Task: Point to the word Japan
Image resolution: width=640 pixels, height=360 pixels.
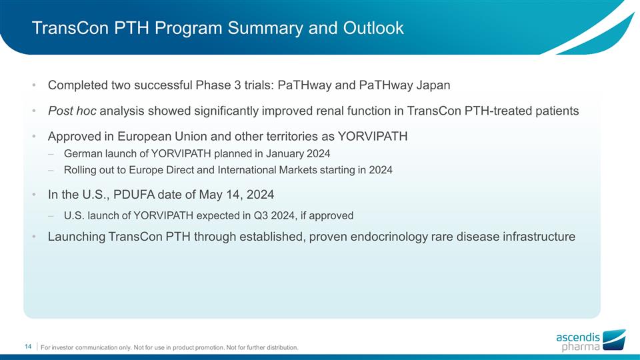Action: click(x=433, y=85)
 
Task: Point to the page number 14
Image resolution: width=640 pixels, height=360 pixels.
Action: click(x=28, y=346)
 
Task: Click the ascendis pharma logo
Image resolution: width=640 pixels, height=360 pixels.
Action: click(x=591, y=341)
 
